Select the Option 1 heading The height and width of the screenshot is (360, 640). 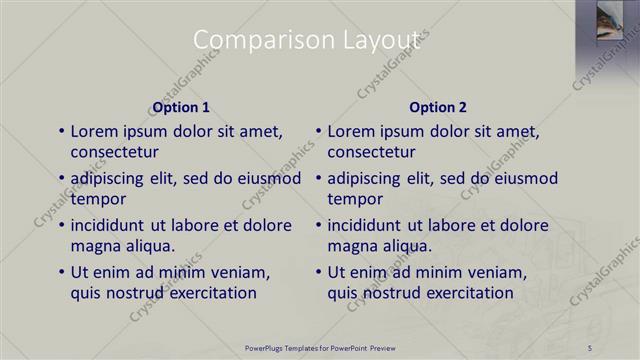coord(181,107)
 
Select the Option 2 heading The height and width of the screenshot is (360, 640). coord(438,107)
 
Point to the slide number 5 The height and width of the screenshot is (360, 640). coord(590,347)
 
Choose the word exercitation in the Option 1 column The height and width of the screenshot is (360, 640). coord(211,293)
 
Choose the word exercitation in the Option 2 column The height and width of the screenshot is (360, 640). coord(468,293)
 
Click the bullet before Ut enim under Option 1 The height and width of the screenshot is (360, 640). coord(62,272)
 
